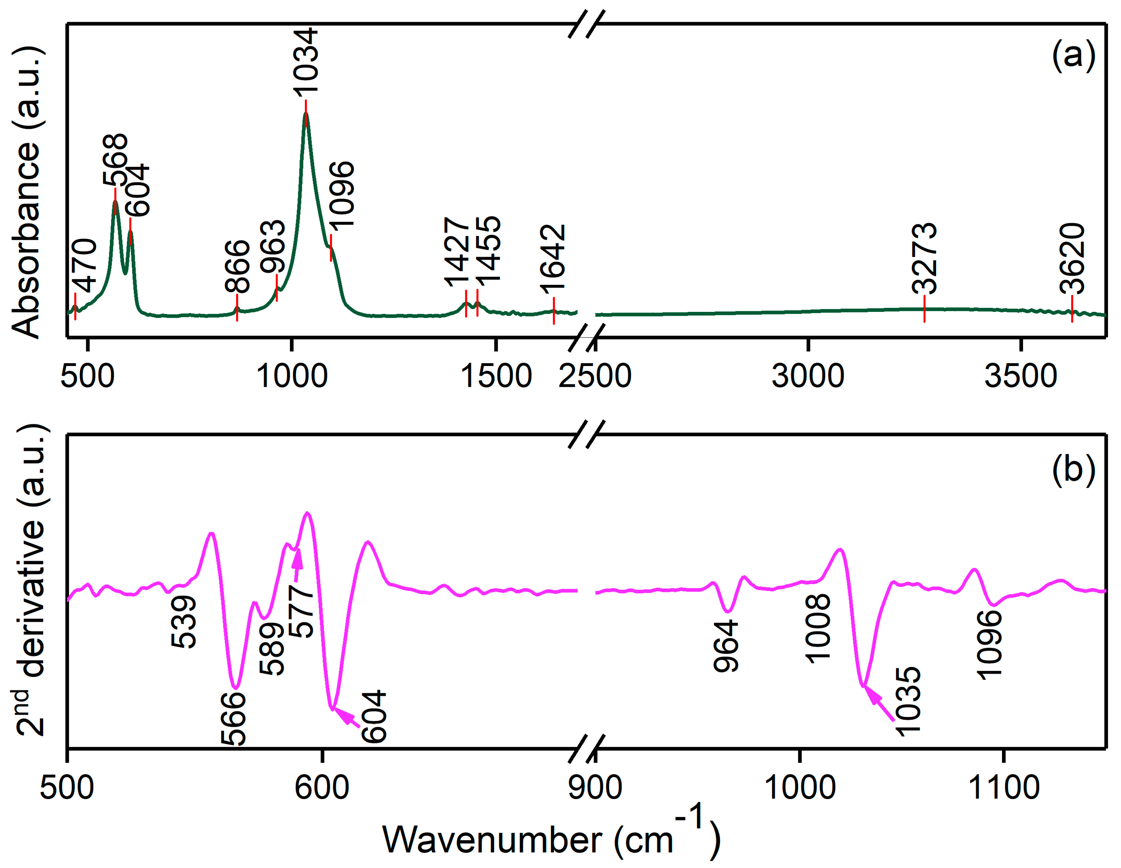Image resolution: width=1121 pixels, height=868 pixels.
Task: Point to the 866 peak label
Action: coord(237,266)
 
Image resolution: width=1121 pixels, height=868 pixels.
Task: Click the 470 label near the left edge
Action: coord(84,265)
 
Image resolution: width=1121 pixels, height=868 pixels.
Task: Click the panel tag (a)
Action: coord(1074,56)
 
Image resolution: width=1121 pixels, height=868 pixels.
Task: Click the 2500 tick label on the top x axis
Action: coord(594,376)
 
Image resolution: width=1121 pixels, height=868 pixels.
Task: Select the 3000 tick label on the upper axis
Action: coord(808,376)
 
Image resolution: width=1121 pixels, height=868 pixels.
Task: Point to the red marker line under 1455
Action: coord(477,303)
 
